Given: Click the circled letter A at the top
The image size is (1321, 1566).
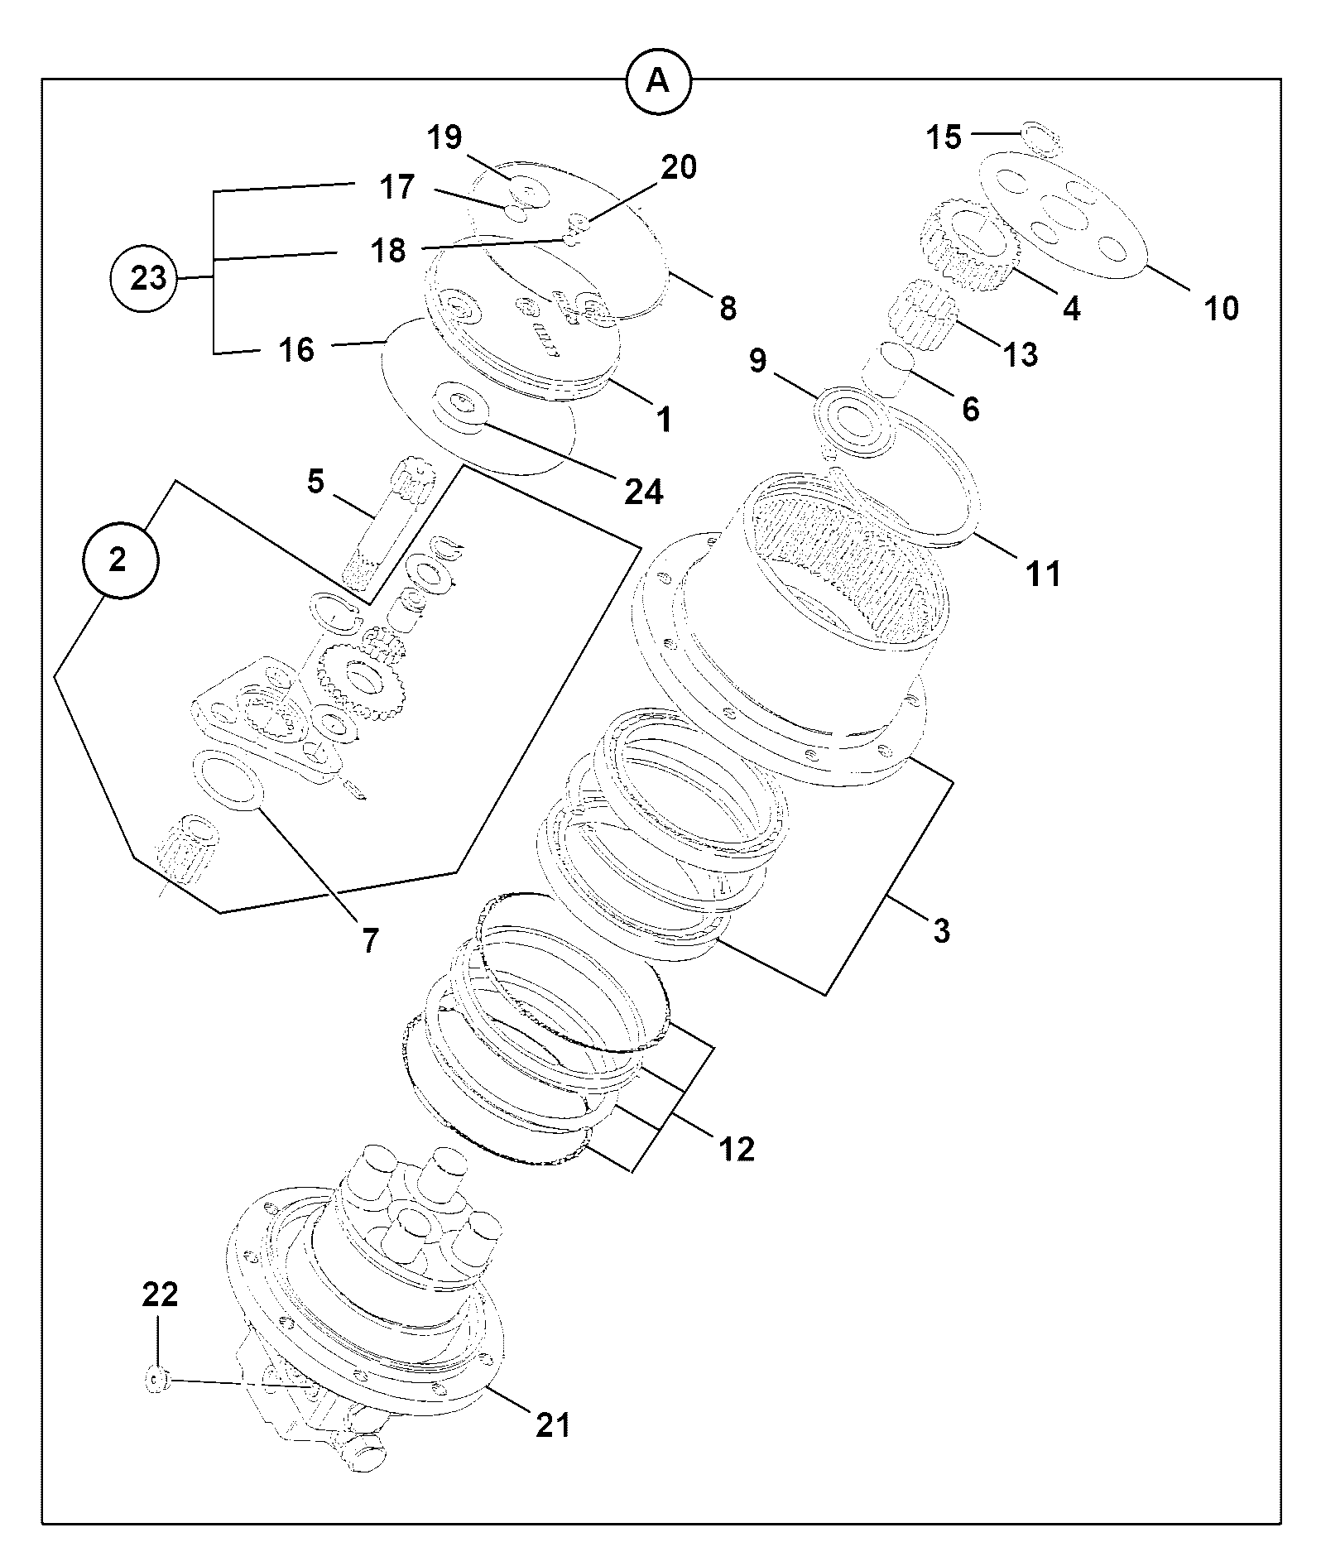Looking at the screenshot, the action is (658, 80).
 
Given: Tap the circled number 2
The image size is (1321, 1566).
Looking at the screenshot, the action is (118, 560).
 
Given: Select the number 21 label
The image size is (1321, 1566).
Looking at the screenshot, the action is (553, 1424).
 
